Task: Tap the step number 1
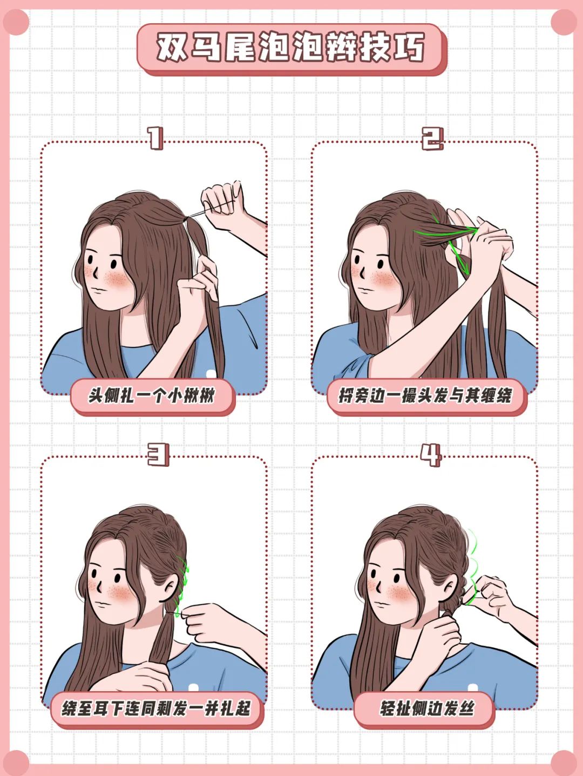[x=155, y=139]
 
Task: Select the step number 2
[x=432, y=139]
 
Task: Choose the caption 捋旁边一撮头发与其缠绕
[x=425, y=396]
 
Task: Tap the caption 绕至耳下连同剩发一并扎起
[x=156, y=708]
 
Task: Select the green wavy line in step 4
[x=473, y=562]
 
